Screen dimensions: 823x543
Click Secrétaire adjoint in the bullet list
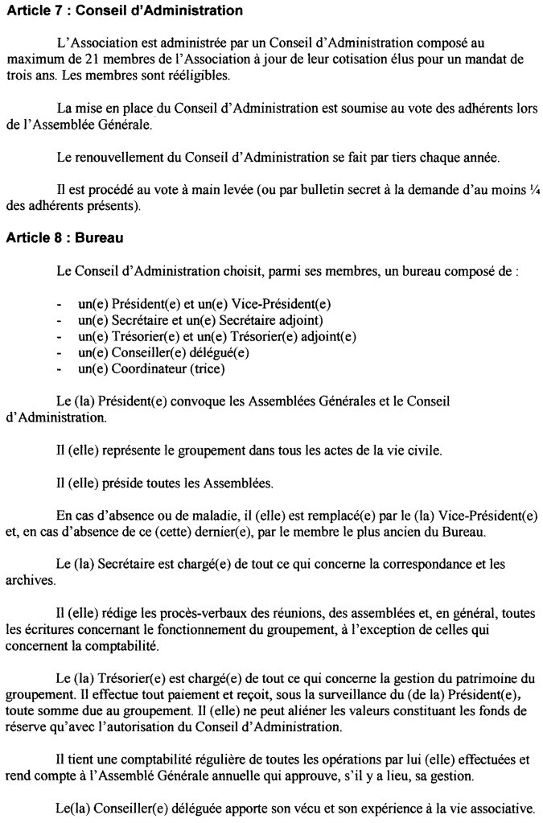[x=241, y=320]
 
